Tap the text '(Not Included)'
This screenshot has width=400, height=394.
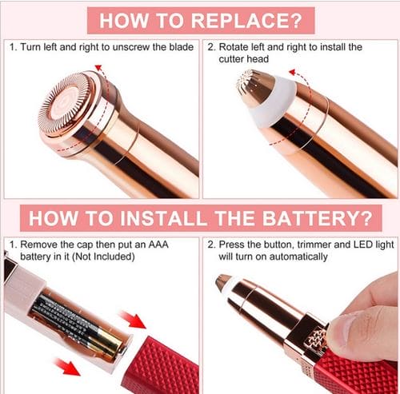(x=102, y=257)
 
